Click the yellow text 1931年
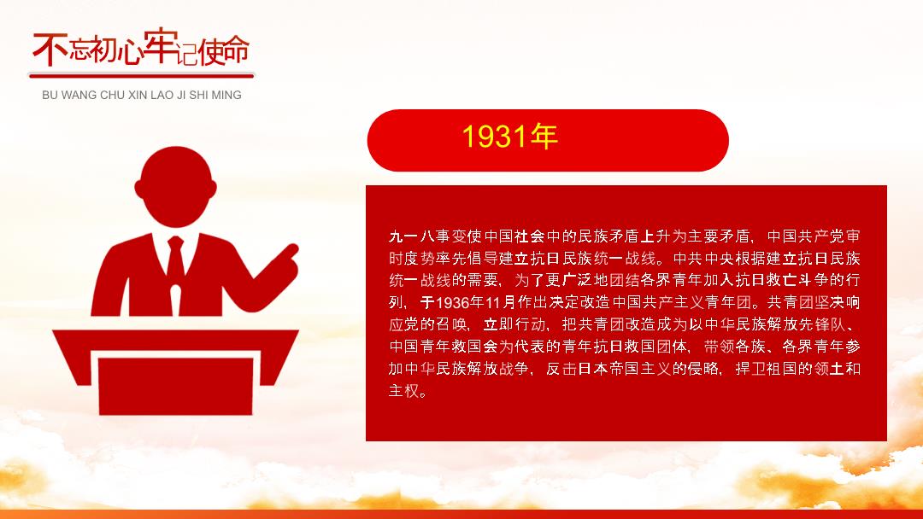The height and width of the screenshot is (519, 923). click(x=509, y=137)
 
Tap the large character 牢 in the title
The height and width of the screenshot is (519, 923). click(x=159, y=45)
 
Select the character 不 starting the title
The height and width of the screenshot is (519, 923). click(x=50, y=49)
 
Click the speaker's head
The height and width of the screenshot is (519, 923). click(x=175, y=186)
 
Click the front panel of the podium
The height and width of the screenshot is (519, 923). click(x=175, y=386)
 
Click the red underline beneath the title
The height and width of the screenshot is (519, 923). click(x=141, y=75)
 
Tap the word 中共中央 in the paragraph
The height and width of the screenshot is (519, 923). click(x=703, y=259)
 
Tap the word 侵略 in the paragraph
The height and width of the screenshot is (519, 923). click(x=703, y=369)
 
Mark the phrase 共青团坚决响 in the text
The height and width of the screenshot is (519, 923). click(x=814, y=303)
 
